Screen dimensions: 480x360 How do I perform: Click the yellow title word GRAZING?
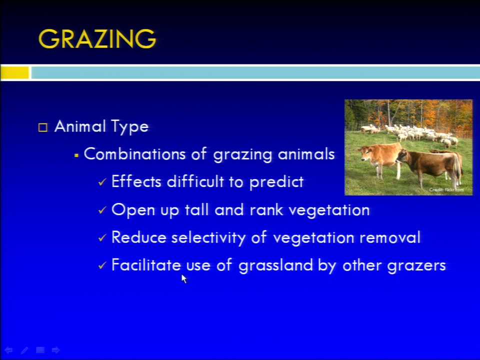click(97, 39)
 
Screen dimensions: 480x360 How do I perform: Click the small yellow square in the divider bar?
click(14, 73)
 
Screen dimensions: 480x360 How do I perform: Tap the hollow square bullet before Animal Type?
click(43, 127)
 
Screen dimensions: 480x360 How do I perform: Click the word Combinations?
click(134, 153)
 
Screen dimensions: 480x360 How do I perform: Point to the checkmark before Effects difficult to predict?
click(102, 182)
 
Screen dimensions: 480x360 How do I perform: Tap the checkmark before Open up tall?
click(102, 210)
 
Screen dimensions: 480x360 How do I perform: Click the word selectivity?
click(208, 238)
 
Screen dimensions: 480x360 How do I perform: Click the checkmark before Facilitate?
click(102, 265)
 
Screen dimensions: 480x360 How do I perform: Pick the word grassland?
click(275, 265)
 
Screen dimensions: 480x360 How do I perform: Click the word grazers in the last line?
click(416, 265)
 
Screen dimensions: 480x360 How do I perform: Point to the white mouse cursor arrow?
click(183, 278)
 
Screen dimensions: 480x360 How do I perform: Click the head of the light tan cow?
click(364, 153)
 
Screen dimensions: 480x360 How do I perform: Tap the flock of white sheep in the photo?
click(410, 133)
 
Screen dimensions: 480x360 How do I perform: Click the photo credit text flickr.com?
click(454, 190)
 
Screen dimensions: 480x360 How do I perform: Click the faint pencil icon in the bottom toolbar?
click(24, 350)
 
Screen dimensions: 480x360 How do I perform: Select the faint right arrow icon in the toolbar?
click(55, 350)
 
